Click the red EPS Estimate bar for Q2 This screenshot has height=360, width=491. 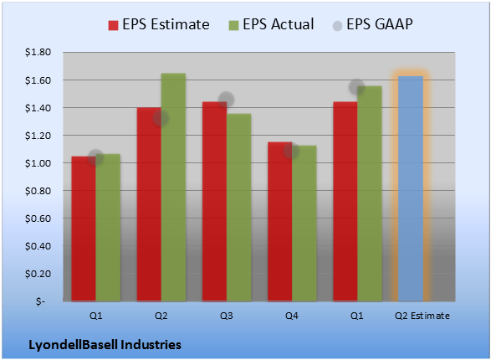click(149, 204)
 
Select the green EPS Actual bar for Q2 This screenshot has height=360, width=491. click(173, 187)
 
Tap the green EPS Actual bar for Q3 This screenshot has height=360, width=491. click(239, 208)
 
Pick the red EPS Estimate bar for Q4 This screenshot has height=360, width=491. click(280, 222)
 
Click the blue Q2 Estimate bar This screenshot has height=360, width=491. click(411, 188)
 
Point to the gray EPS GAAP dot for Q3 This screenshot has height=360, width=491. click(226, 100)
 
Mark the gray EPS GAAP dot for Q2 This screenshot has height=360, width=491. click(161, 118)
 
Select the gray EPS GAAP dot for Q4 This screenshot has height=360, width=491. click(291, 151)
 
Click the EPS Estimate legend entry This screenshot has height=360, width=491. click(159, 24)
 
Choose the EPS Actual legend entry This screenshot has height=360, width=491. click(271, 24)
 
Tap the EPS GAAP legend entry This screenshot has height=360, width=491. click(372, 24)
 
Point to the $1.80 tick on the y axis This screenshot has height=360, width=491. click(38, 52)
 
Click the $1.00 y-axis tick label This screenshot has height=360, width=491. click(38, 163)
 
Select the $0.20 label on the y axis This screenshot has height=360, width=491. click(38, 274)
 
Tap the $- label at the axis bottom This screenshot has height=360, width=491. click(40, 301)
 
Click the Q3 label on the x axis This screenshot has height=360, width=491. click(227, 316)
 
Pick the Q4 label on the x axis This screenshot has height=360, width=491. click(292, 316)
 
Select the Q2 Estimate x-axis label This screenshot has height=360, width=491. click(422, 316)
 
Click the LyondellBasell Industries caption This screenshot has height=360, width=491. click(105, 345)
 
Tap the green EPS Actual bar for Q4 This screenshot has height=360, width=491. click(304, 224)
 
